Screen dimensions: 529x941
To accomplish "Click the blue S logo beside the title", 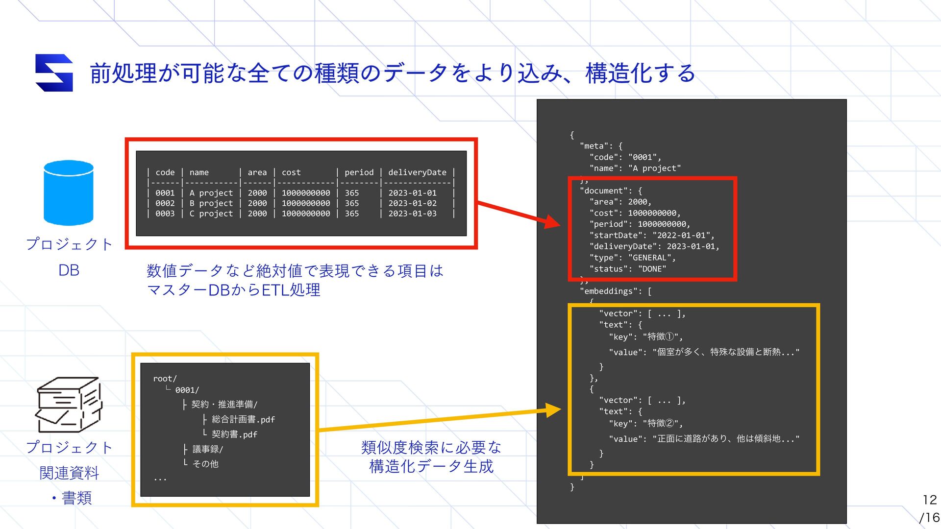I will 54,73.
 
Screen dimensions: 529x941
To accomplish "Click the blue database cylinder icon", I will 69,193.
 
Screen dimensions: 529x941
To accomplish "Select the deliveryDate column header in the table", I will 417,172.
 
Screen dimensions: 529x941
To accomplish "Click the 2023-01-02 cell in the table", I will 412,203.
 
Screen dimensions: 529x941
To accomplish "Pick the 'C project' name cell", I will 211,214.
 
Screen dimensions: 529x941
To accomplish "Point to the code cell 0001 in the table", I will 165,193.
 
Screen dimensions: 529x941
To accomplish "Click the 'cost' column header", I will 291,172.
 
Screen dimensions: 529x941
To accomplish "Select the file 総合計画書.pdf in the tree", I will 243,420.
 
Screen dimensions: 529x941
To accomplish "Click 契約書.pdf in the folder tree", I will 234,434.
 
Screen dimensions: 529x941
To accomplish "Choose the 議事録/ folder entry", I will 207,449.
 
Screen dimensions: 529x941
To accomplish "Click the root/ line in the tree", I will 165,379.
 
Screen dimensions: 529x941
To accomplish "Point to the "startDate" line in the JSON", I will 651,236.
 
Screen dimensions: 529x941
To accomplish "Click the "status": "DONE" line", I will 627,269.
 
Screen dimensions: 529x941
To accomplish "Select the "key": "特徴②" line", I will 645,424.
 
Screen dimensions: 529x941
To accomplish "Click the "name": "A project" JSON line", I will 635,168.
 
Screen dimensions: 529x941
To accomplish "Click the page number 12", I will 929,500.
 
